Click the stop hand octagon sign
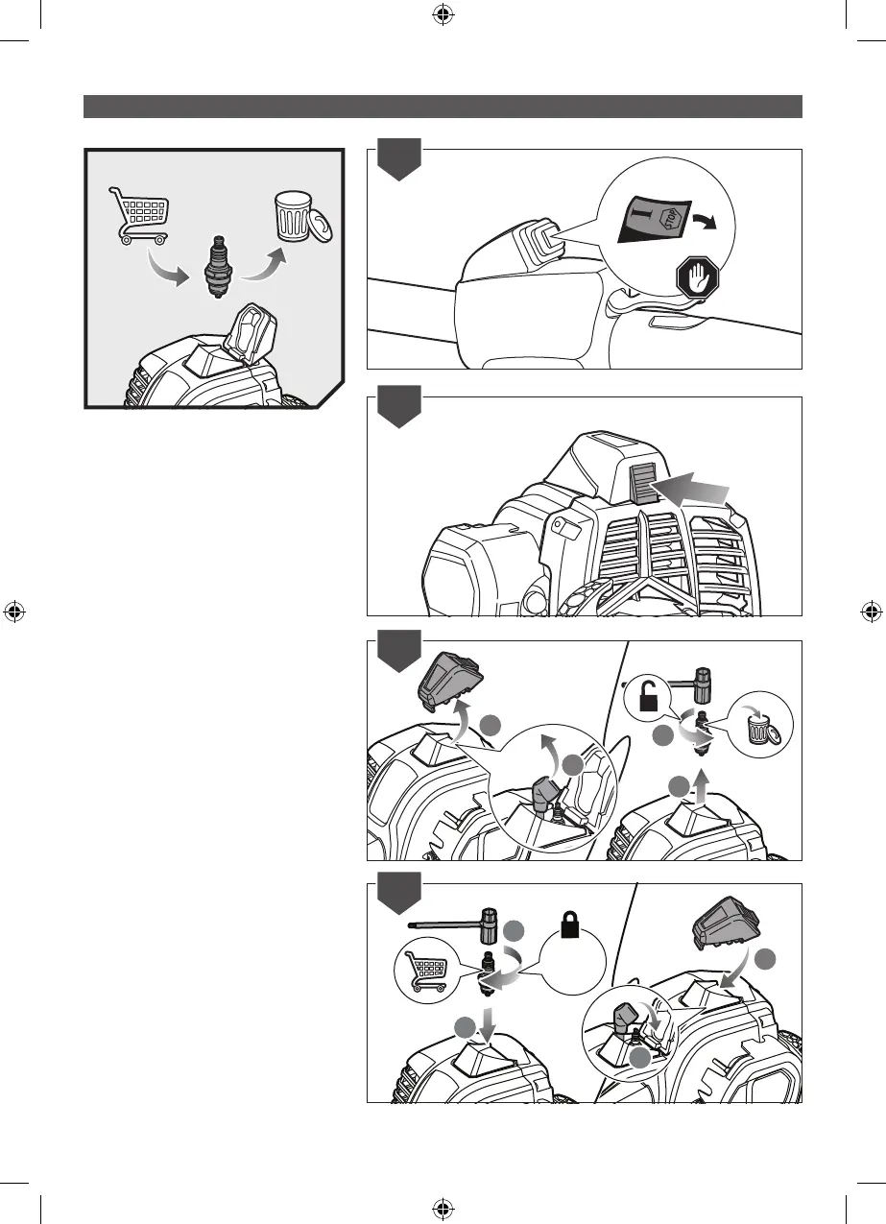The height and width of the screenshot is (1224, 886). [x=694, y=279]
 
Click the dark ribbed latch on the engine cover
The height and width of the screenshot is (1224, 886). [x=641, y=483]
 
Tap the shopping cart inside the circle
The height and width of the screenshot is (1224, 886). [x=424, y=970]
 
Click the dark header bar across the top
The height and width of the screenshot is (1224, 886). [x=443, y=106]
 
